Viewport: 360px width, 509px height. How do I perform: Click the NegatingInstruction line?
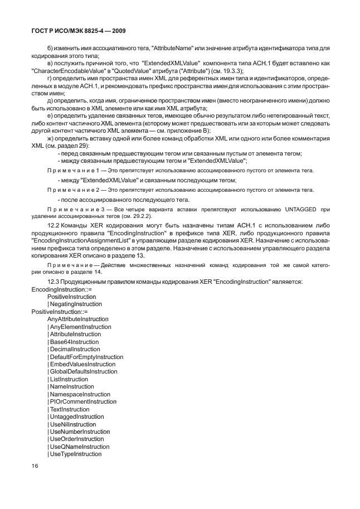click(75, 304)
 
